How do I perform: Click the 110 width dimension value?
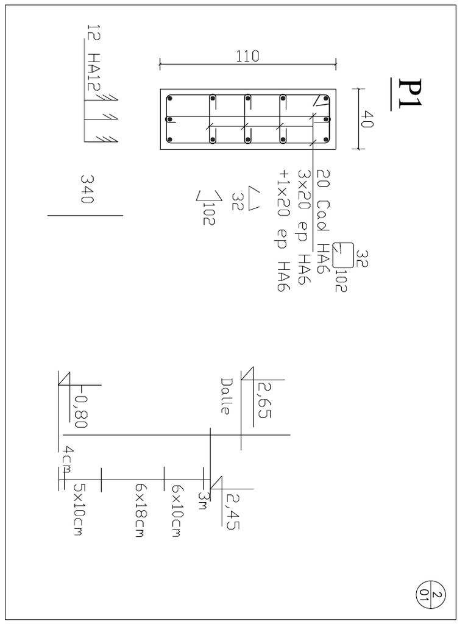[x=247, y=56]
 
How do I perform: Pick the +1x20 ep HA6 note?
[x=283, y=233]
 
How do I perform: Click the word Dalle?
[x=226, y=396]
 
